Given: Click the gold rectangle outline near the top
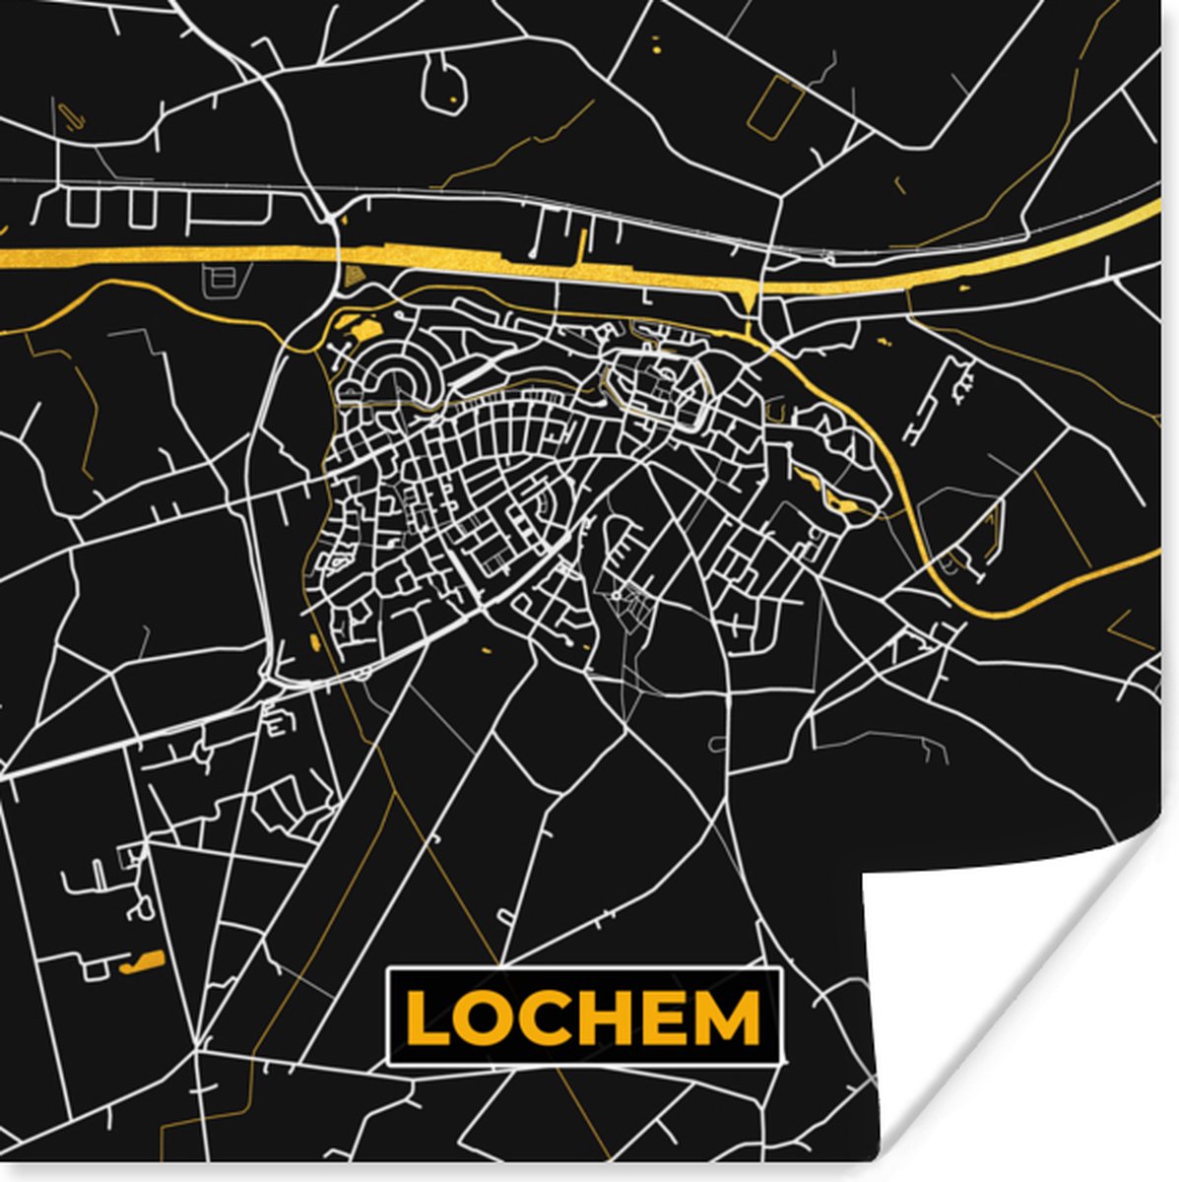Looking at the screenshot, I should coord(776,104).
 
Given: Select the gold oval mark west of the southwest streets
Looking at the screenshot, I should coord(314,642).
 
